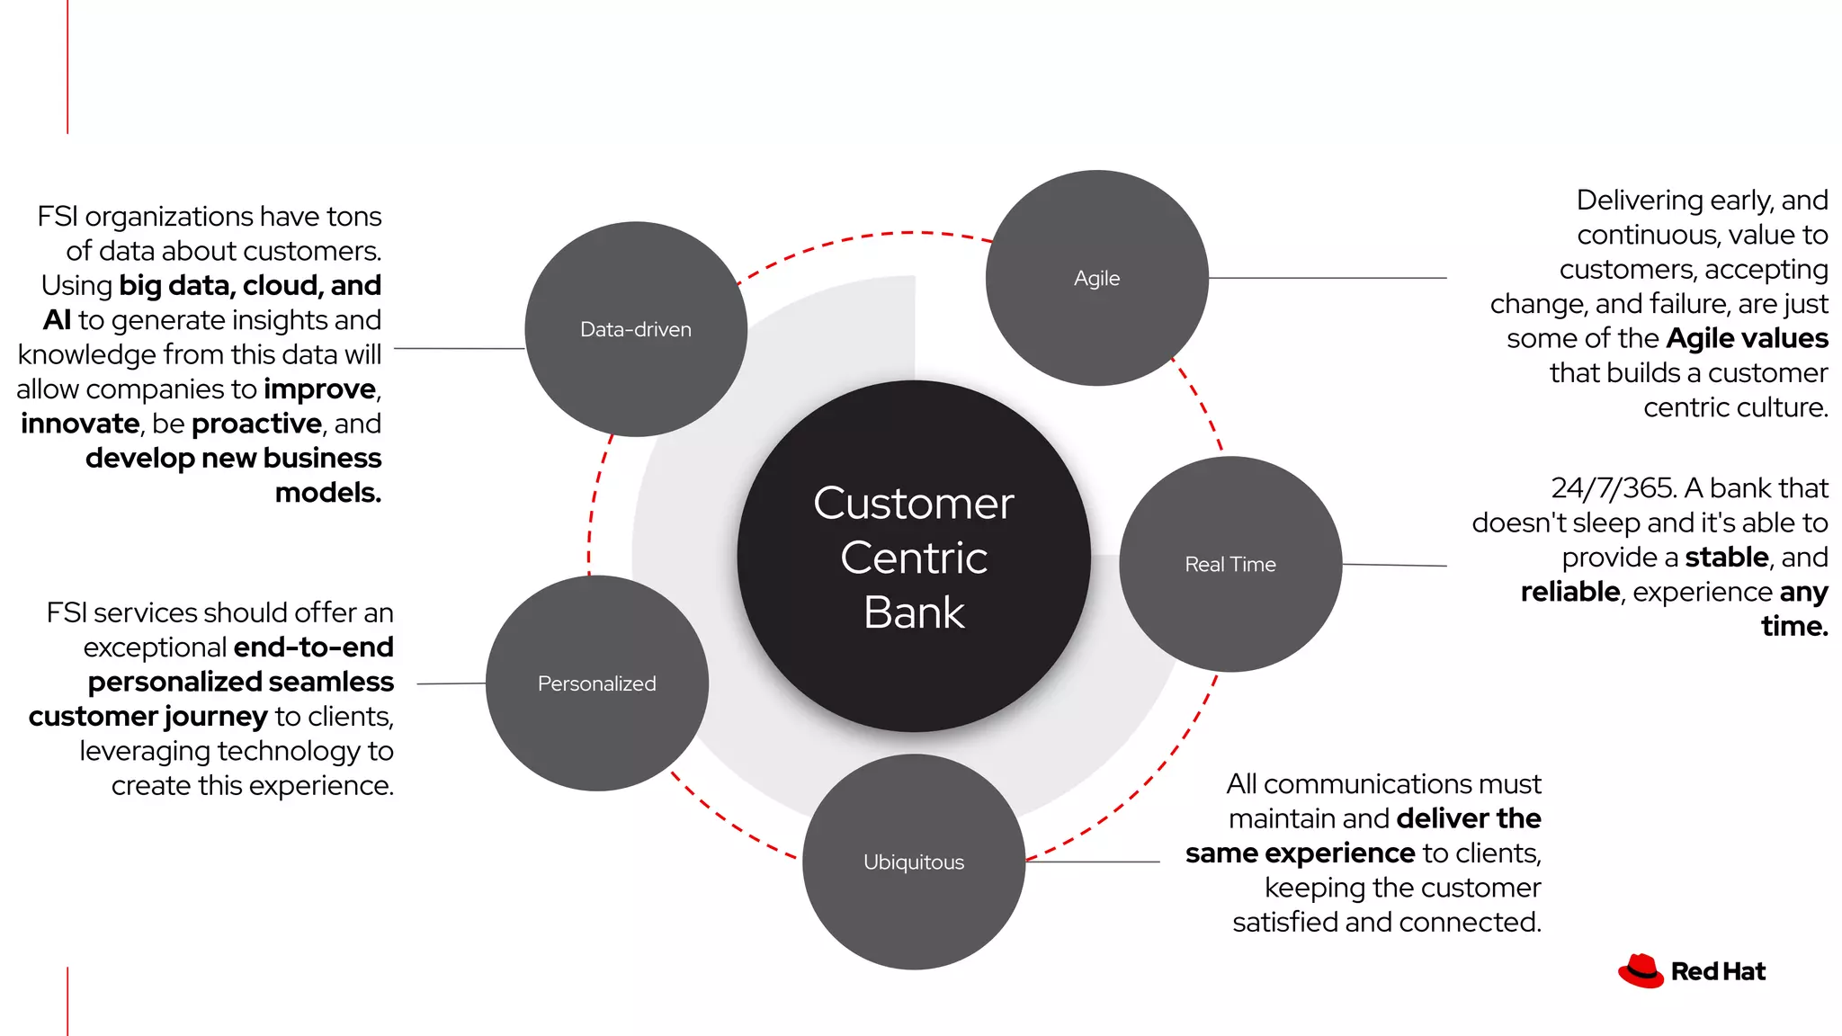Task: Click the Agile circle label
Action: pyautogui.click(x=1096, y=279)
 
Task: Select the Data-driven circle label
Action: pyautogui.click(x=636, y=330)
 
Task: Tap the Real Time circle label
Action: pyautogui.click(x=1229, y=565)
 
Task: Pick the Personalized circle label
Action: pyautogui.click(x=596, y=684)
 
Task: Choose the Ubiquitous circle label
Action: pyautogui.click(x=913, y=862)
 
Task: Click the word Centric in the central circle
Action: pyautogui.click(x=914, y=558)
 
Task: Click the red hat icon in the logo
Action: pyautogui.click(x=1641, y=971)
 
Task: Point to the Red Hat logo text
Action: pyautogui.click(x=1718, y=972)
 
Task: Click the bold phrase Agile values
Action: pyautogui.click(x=1747, y=339)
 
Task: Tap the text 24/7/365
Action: pyautogui.click(x=1613, y=488)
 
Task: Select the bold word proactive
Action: pyautogui.click(x=256, y=424)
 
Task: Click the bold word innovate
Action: pyautogui.click(x=80, y=424)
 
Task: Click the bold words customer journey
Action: pyautogui.click(x=148, y=717)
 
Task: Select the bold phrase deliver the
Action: pyautogui.click(x=1469, y=819)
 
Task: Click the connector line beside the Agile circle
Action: pyautogui.click(x=1327, y=278)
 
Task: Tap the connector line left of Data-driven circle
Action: pyautogui.click(x=459, y=348)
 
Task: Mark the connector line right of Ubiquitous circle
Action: pyautogui.click(x=1093, y=862)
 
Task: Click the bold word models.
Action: pyautogui.click(x=327, y=493)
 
